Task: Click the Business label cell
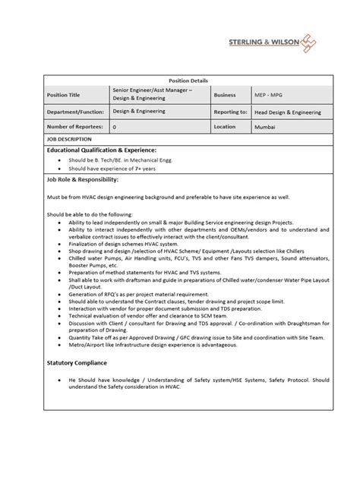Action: [x=225, y=96]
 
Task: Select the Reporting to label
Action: [x=231, y=112]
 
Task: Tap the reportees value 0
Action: [x=115, y=128]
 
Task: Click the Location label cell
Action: [x=226, y=127]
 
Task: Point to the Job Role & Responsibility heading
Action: [x=83, y=180]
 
